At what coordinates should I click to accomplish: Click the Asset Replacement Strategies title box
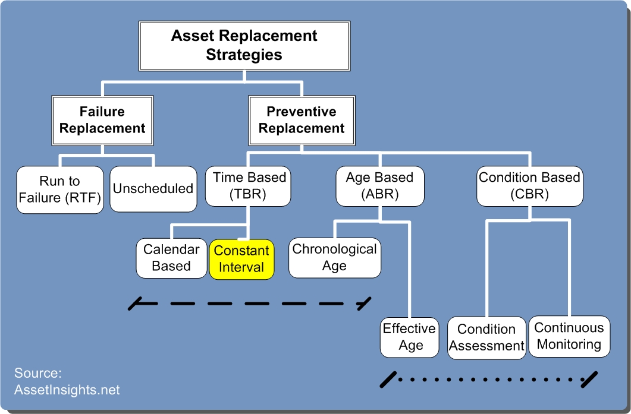point(244,46)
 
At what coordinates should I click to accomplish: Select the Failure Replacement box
point(102,120)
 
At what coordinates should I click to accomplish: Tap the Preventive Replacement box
point(302,120)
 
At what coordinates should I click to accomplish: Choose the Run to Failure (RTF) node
point(60,189)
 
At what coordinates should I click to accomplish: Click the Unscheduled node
point(153,188)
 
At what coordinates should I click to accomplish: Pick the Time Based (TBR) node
point(248,186)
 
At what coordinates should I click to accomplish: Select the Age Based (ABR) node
point(380,186)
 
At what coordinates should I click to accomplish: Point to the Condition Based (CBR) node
point(529,186)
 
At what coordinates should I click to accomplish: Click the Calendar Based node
point(171,258)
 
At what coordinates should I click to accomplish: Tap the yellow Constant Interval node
point(241,259)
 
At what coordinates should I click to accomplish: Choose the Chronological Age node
point(335,258)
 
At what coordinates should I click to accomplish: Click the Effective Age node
point(410,337)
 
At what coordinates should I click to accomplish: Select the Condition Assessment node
point(486,337)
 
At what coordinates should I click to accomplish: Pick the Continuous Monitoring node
point(569,336)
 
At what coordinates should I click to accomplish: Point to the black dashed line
point(250,304)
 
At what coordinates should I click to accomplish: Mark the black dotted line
point(489,380)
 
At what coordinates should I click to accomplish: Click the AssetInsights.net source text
point(67,390)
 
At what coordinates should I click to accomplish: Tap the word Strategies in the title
point(244,55)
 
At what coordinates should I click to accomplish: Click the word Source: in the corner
point(38,373)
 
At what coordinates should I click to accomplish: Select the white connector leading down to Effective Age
point(409,269)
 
